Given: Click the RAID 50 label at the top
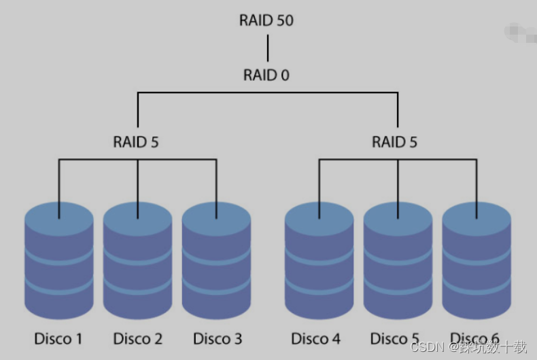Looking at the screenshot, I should [x=266, y=20].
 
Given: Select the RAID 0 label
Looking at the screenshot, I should [x=266, y=75].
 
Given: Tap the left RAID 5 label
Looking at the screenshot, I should [x=136, y=142].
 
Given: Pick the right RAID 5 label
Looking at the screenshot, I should [x=394, y=142].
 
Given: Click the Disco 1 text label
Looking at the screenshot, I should [x=58, y=338].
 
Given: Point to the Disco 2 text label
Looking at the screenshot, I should [x=137, y=338].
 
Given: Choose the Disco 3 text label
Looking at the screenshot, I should [x=217, y=338].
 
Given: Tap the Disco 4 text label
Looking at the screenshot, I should [x=315, y=338].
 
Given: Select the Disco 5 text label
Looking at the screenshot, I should [x=395, y=338].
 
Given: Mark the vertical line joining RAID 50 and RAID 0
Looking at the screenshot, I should [x=267, y=48].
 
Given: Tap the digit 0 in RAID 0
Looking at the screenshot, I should [x=285, y=75].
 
